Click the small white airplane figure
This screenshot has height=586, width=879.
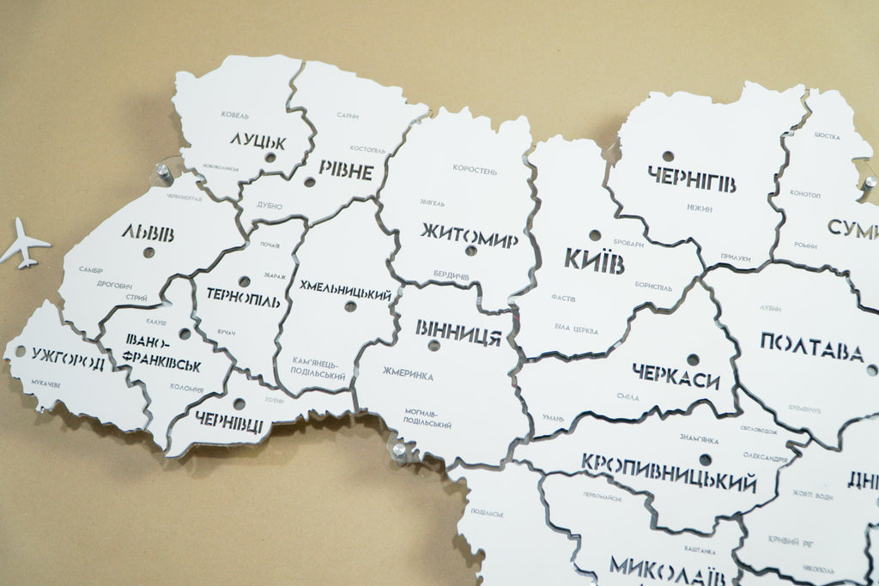click(x=23, y=244)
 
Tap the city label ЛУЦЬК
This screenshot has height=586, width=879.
click(x=258, y=141)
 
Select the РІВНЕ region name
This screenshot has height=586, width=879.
click(x=346, y=170)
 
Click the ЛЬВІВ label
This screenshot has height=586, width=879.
click(x=148, y=233)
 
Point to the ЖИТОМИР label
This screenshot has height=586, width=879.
click(x=469, y=234)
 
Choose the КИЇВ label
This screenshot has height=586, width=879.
click(x=594, y=259)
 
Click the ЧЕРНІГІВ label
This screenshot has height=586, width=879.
click(x=691, y=179)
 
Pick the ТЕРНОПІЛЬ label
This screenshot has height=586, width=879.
click(x=243, y=297)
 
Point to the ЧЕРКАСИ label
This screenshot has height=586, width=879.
click(x=676, y=376)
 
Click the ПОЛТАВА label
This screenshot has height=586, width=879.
click(x=811, y=347)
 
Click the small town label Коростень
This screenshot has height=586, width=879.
click(x=475, y=170)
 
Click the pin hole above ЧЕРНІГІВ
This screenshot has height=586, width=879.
click(x=668, y=156)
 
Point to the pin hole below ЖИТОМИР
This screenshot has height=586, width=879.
click(x=470, y=251)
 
